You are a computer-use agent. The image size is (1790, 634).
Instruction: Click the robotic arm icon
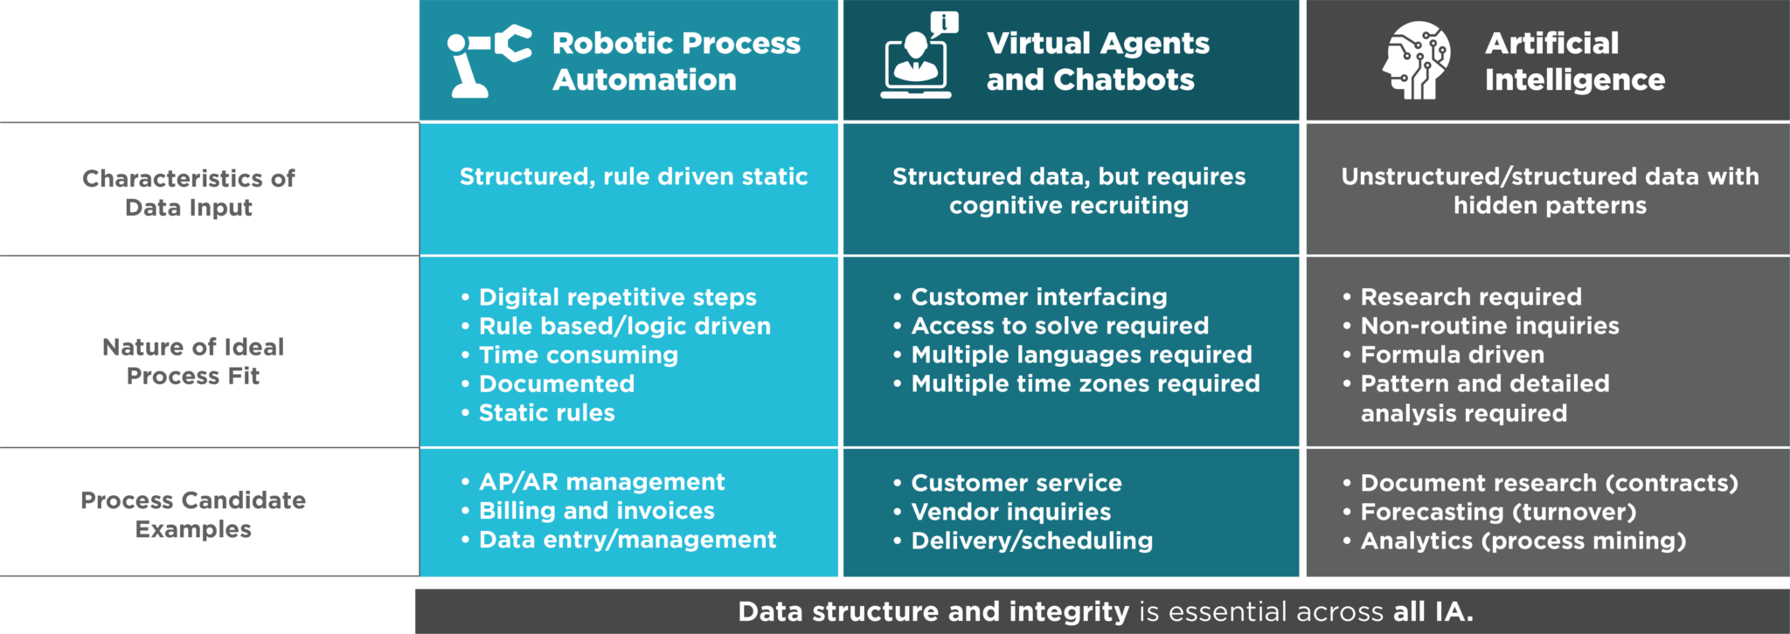[x=488, y=60]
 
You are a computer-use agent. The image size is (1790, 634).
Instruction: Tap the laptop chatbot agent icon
[x=918, y=57]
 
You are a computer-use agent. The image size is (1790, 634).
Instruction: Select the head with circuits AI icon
[x=1416, y=60]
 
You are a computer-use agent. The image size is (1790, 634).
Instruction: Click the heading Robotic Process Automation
[x=676, y=61]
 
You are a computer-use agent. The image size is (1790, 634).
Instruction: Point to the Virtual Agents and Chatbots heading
[x=1097, y=61]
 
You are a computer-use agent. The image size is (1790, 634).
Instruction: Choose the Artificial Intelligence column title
[x=1573, y=61]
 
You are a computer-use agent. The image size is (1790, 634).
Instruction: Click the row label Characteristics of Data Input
[x=189, y=193]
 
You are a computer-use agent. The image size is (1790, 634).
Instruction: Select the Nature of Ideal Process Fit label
[x=193, y=362]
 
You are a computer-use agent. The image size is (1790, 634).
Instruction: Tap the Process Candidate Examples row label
[x=193, y=514]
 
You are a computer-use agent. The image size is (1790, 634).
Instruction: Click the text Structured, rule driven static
[x=633, y=176]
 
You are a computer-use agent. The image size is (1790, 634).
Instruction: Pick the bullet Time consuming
[x=578, y=355]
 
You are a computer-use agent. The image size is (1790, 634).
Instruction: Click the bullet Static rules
[x=546, y=413]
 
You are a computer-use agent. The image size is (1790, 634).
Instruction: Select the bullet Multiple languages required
[x=1081, y=355]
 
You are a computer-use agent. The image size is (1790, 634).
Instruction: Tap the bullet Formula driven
[x=1452, y=355]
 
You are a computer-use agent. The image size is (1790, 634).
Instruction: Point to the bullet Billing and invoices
[x=596, y=511]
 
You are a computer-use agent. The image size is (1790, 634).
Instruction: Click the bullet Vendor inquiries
[x=1010, y=512]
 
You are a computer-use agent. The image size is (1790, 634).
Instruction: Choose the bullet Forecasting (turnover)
[x=1498, y=512]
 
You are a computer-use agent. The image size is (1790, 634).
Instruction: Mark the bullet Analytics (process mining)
[x=1523, y=541]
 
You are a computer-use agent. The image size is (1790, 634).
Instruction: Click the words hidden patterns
[x=1550, y=206]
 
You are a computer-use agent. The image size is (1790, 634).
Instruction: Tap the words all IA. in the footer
[x=1433, y=611]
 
